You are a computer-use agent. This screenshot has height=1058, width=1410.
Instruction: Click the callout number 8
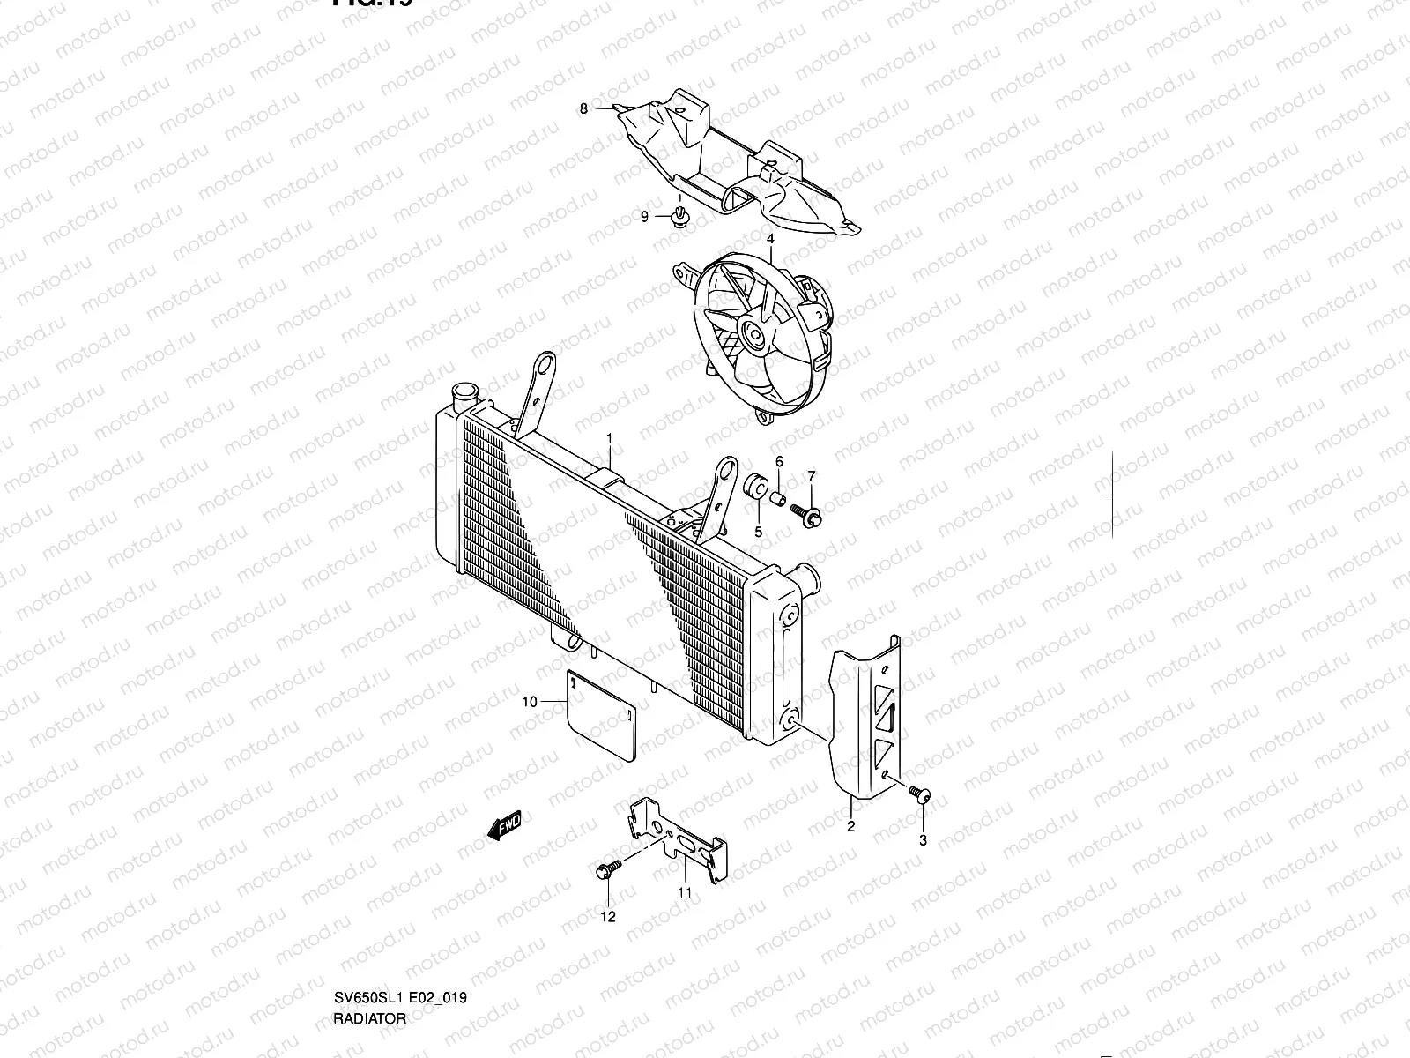tap(583, 108)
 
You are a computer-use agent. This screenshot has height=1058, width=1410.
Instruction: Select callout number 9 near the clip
tap(644, 217)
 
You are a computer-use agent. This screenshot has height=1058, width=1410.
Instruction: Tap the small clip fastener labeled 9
tap(679, 217)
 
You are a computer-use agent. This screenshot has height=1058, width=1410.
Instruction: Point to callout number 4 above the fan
tap(770, 239)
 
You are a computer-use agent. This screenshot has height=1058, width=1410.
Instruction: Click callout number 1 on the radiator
tap(608, 438)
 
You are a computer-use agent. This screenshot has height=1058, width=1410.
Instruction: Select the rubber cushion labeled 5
tap(754, 486)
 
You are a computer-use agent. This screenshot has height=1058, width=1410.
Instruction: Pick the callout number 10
tap(530, 702)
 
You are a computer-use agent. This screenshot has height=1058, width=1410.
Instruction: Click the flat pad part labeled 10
tap(599, 714)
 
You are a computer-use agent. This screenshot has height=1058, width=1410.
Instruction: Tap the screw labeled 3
tap(922, 795)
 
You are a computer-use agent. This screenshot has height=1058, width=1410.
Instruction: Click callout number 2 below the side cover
tap(850, 826)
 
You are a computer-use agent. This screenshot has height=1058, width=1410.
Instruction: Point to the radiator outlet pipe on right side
tap(805, 582)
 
